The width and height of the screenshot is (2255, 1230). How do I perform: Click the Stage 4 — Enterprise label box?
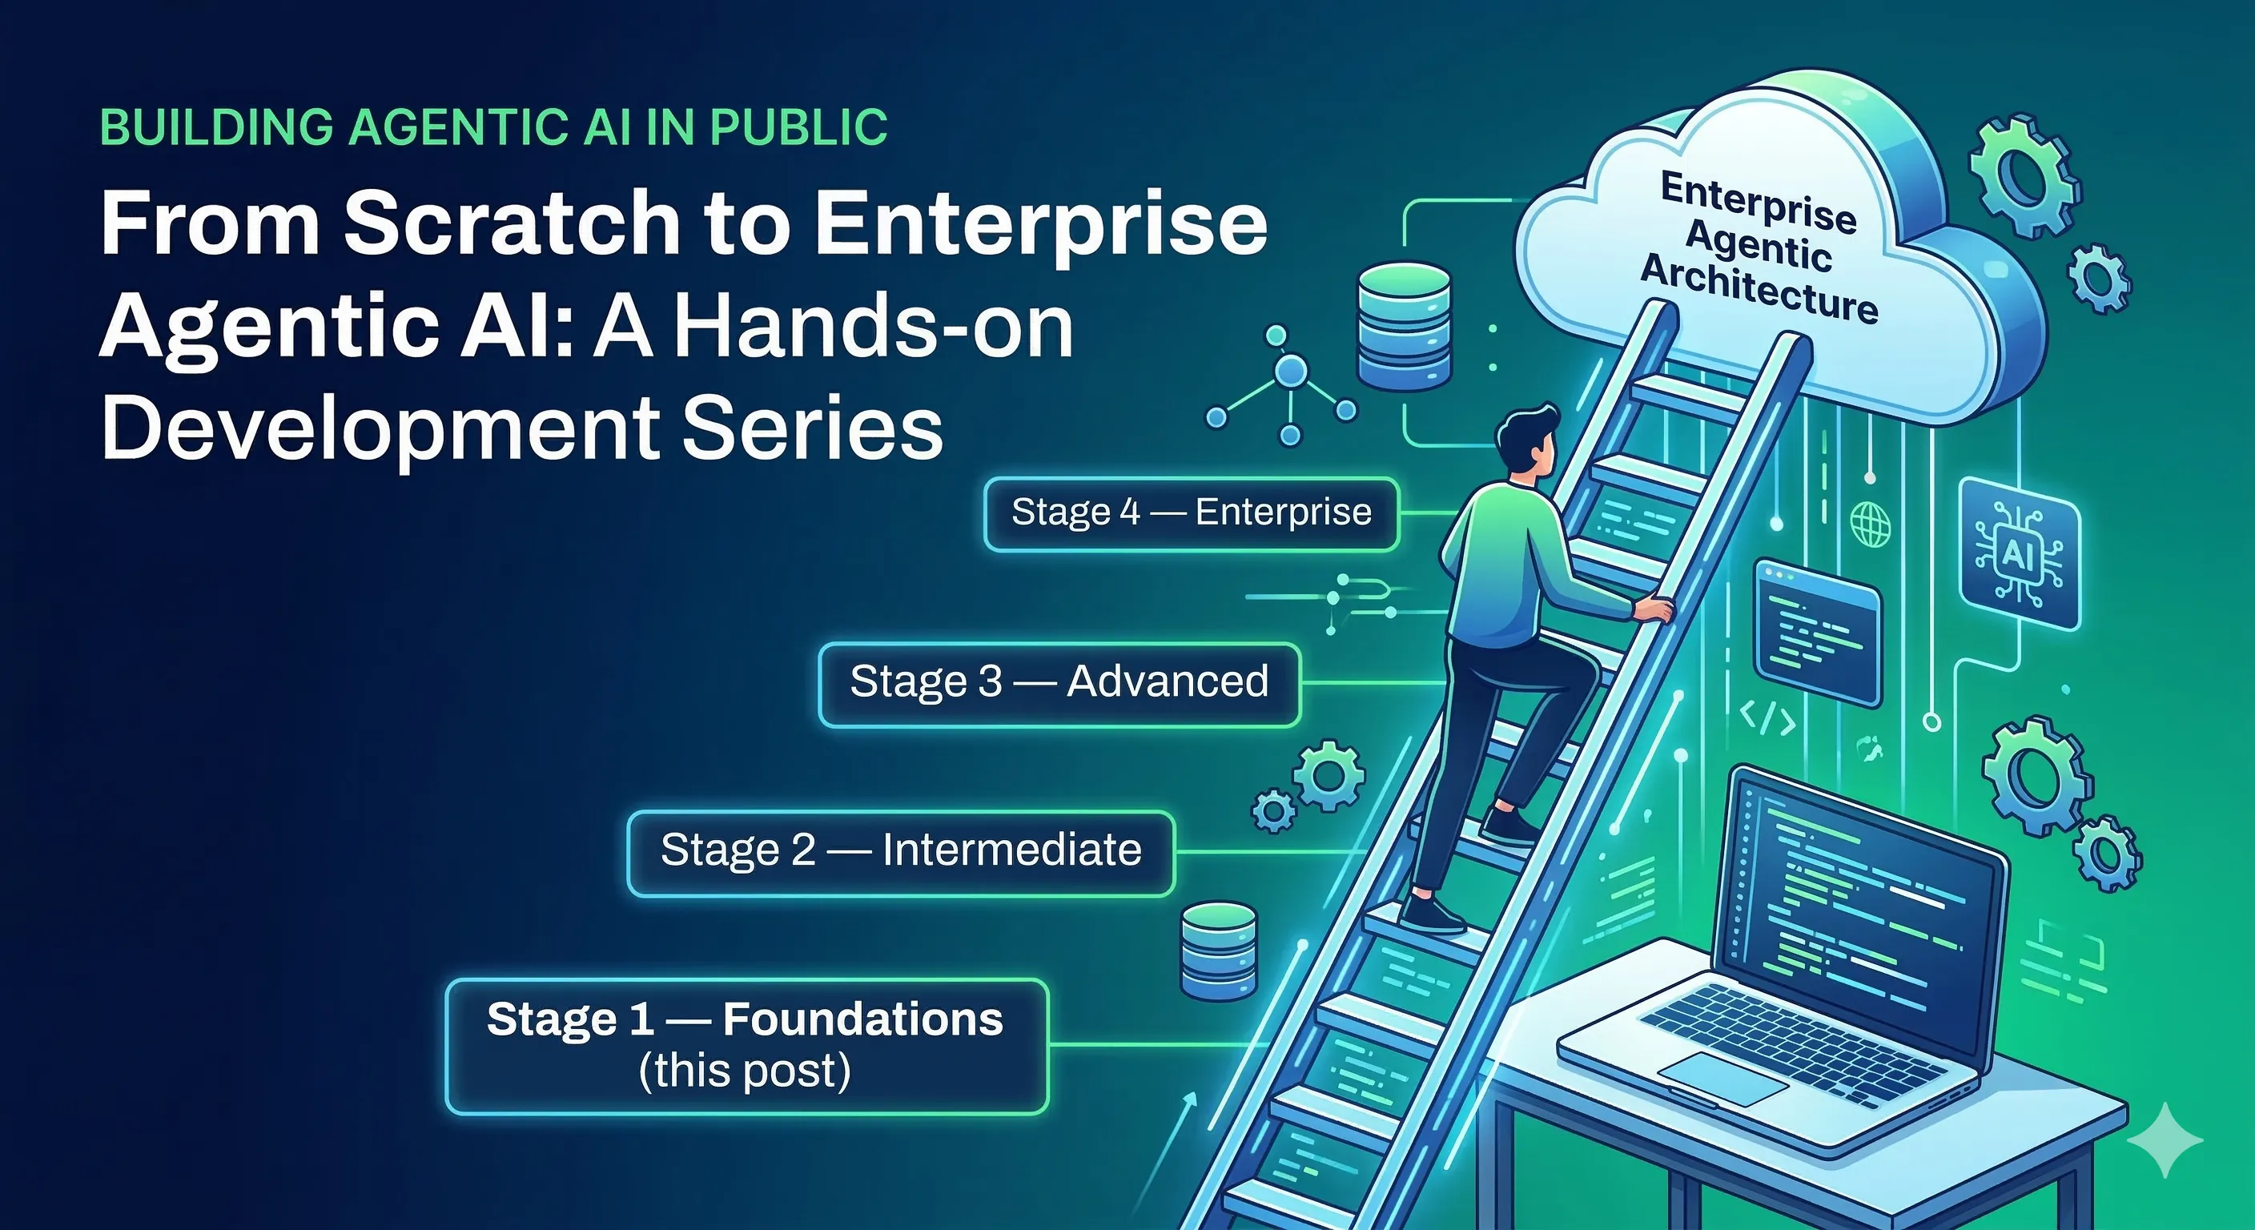(x=1191, y=514)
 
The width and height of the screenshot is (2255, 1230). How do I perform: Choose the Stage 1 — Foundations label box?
(x=746, y=1045)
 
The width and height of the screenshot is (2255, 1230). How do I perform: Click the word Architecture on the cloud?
(x=1759, y=289)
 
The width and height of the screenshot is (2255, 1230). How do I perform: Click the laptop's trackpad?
(x=1722, y=1080)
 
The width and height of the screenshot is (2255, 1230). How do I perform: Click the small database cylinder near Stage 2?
(x=1219, y=951)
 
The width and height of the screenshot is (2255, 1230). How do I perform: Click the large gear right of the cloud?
(x=2023, y=187)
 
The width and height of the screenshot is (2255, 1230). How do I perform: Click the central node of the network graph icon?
(x=1290, y=373)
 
